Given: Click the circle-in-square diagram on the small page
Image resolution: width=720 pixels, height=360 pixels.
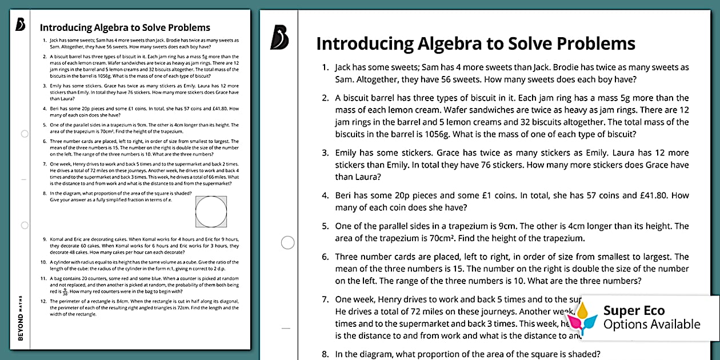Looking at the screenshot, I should point(211,212).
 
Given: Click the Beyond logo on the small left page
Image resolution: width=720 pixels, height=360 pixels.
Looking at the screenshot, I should point(21,25).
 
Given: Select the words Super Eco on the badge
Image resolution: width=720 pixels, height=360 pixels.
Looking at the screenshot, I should point(634,311).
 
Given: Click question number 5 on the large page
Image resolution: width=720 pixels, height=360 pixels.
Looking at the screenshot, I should point(325,226).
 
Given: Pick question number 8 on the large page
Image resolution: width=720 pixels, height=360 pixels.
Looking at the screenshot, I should point(325,354).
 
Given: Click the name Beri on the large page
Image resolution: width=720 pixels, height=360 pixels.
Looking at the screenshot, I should point(345,195).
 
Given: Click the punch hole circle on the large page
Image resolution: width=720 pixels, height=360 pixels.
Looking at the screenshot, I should point(288,243).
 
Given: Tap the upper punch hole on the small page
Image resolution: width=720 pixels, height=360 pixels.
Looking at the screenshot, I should point(25,134).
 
